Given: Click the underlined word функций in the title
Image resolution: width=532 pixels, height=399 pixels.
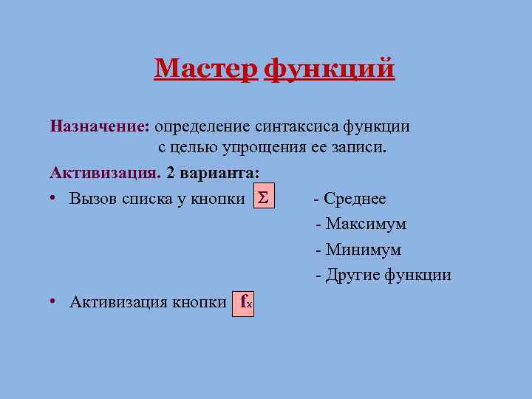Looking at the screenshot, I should [329, 69].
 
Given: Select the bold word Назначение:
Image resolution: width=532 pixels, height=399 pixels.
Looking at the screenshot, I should [100, 126].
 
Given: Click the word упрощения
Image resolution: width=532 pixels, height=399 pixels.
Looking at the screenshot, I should [258, 147].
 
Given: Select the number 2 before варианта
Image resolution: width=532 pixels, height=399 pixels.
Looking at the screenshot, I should [171, 173].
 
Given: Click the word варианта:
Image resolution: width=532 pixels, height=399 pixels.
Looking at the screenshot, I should [219, 173].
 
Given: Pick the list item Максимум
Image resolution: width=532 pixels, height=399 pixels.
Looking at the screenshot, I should [366, 224].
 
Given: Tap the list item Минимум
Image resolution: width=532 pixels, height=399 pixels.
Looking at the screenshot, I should [363, 250].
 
